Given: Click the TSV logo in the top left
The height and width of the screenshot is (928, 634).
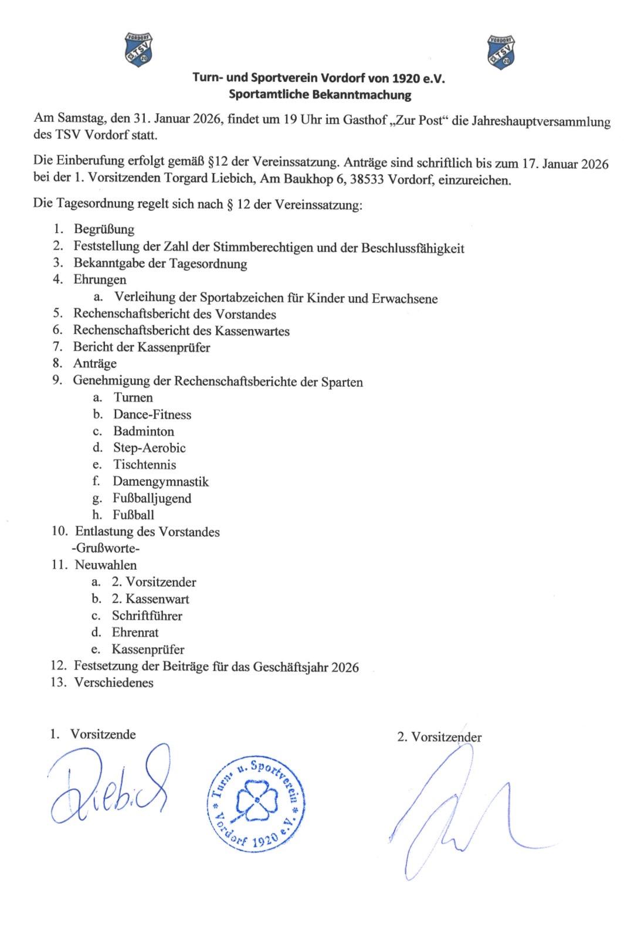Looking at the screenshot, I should tap(140, 49).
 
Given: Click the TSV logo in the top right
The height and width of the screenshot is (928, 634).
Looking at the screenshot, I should tap(501, 49).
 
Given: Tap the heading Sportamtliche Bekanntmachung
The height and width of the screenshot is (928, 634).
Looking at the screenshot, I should tap(320, 94).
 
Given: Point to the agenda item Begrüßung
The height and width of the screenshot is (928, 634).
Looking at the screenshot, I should tap(104, 229).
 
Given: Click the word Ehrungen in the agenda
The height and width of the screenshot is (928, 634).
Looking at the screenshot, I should tap(100, 280).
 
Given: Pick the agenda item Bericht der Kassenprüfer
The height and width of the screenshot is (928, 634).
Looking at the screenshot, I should tap(141, 347).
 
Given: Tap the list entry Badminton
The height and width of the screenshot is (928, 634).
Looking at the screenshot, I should tap(144, 431).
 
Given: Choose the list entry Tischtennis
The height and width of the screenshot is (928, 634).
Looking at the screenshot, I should tap(145, 465).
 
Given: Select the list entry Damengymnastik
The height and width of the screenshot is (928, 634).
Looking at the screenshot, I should tap(161, 482).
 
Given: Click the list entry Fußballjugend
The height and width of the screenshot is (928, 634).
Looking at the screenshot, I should tap(152, 499).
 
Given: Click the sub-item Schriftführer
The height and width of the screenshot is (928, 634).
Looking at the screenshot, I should tap(147, 616).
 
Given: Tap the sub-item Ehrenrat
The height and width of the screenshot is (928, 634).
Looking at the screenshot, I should tap(135, 633).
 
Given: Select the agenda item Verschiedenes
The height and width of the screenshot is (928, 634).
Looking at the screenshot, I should tap(114, 683).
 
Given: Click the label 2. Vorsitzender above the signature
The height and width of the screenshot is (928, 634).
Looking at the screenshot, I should tap(439, 737).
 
